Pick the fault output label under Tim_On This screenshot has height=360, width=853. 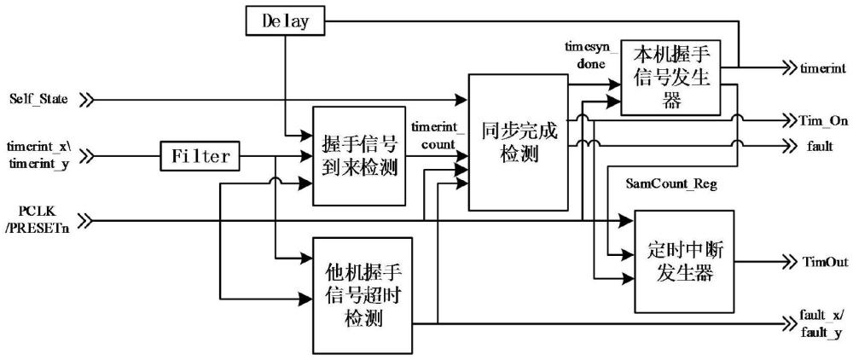pos(815,146)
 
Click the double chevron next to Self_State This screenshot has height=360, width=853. pos(85,100)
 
